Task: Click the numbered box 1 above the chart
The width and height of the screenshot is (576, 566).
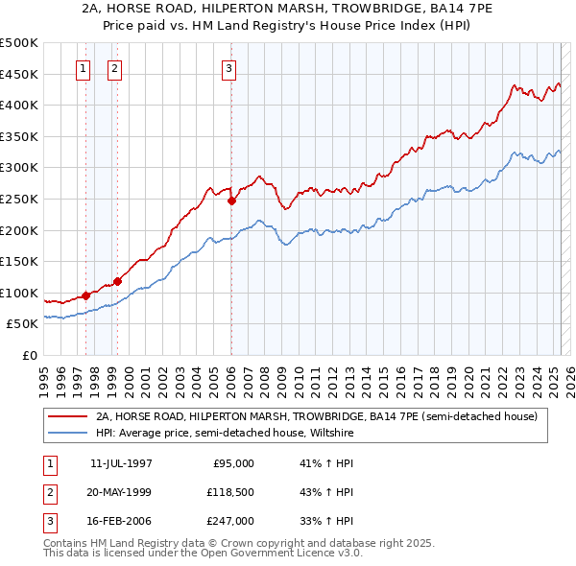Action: (83, 68)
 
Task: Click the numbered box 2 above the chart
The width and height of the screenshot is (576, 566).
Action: (114, 68)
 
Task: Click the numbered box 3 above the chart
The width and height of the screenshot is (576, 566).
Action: (229, 68)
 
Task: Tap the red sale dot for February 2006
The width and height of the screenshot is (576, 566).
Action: (231, 200)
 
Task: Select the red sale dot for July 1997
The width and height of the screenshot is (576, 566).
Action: (85, 295)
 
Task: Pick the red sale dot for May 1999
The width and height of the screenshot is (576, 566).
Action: (117, 281)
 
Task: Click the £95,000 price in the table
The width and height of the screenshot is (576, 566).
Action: (233, 462)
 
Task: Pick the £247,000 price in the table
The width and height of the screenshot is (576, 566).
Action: (230, 521)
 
